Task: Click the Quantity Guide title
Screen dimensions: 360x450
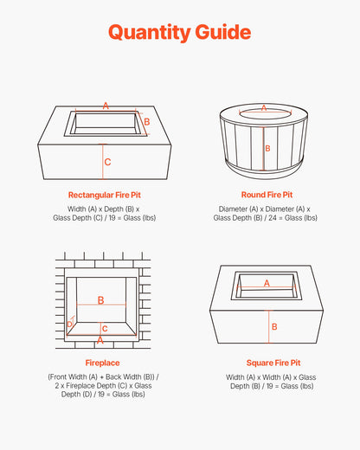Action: pos(179,32)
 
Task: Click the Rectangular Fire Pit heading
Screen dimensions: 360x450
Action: pos(105,196)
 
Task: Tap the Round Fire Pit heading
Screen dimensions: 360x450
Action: pos(267,195)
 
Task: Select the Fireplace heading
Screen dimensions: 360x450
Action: pos(102,363)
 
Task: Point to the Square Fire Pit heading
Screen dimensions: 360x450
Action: pos(273,363)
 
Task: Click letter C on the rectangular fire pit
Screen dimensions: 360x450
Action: pos(107,162)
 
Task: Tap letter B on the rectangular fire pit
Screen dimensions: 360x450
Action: pos(147,122)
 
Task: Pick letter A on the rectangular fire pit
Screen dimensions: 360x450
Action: pos(106,106)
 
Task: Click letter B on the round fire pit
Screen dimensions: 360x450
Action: pos(267,149)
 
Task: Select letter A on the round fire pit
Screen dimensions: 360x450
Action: pos(264,108)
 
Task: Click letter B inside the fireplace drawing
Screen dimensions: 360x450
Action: pos(100,300)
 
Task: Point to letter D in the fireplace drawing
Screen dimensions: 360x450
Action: pos(69,325)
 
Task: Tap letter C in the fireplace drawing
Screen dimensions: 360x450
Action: pos(105,329)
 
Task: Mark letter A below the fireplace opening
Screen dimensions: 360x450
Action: pos(100,341)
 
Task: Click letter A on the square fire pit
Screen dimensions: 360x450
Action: pos(267,283)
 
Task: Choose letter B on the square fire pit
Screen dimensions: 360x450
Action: pos(274,327)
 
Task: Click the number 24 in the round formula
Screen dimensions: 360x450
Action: pos(273,218)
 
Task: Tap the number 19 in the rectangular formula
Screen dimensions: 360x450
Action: pos(112,218)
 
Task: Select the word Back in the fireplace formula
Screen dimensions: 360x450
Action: pos(113,377)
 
